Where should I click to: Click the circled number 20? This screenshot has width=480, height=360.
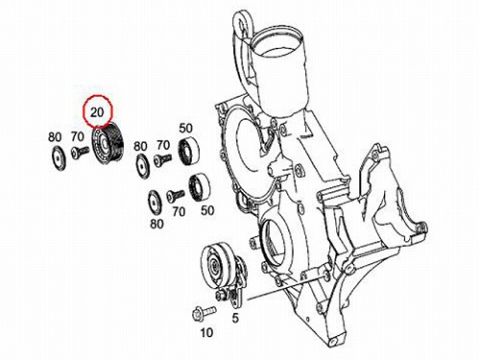[97, 112]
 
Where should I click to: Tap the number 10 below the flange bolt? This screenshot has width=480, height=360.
[206, 333]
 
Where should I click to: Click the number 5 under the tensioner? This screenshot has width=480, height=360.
[235, 318]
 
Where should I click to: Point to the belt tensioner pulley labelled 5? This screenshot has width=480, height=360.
[224, 272]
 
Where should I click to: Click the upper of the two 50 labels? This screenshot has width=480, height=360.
[185, 129]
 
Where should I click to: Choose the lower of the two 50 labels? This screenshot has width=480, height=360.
[207, 210]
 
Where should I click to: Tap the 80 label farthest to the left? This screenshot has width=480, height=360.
[55, 137]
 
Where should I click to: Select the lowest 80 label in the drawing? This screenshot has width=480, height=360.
[156, 224]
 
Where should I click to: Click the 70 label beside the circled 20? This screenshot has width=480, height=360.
[78, 136]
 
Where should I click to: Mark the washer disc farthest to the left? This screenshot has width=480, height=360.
[59, 158]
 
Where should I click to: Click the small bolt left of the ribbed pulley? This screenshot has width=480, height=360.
[81, 153]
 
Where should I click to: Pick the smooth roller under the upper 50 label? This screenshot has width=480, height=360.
[189, 151]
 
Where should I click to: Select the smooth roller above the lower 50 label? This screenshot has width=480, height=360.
[200, 189]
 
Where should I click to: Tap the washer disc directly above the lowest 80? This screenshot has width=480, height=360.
[155, 203]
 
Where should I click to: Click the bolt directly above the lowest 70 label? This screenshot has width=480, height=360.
[176, 195]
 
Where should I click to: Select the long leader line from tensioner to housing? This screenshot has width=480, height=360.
[286, 288]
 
